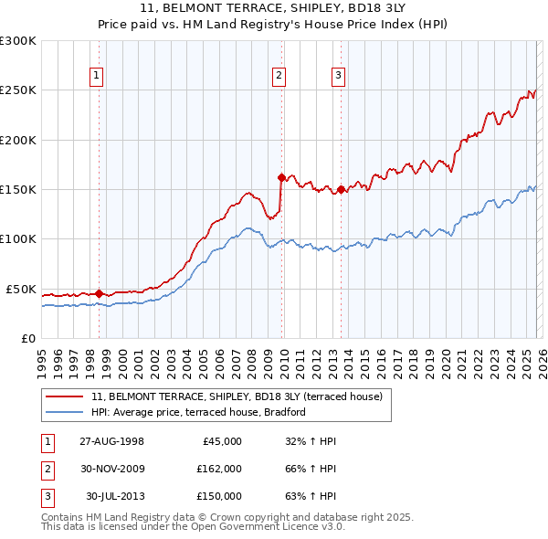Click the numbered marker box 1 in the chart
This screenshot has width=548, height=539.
tap(97, 76)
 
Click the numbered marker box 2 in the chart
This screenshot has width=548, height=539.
tap(279, 76)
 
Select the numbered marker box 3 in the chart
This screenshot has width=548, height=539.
tap(338, 76)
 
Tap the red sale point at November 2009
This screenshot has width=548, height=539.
tap(281, 177)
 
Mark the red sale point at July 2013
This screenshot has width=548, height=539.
tap(341, 190)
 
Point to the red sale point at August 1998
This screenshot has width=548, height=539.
tap(100, 293)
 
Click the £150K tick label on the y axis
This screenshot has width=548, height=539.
tap(18, 189)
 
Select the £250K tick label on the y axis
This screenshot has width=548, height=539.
tap(18, 90)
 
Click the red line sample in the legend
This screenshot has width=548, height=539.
tap(65, 396)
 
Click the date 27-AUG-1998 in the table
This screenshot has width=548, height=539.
tap(111, 441)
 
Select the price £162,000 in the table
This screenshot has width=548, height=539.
tap(219, 469)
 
